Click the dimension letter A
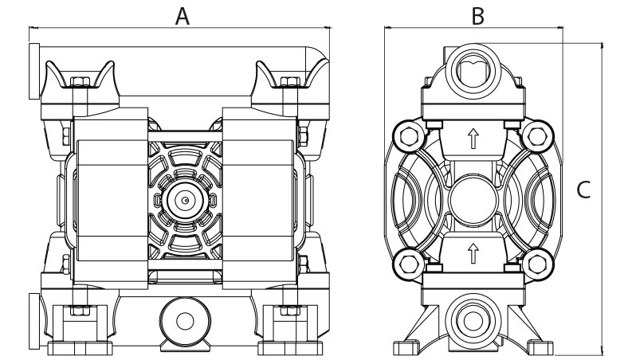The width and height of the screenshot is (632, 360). point(183,15)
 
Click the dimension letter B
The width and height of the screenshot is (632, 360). point(477,15)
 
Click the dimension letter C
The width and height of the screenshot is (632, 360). point(583,190)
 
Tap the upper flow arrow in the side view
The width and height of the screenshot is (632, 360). point(473,140)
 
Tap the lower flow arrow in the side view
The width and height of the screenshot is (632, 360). point(473,254)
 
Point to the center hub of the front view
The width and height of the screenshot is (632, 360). point(184,199)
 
